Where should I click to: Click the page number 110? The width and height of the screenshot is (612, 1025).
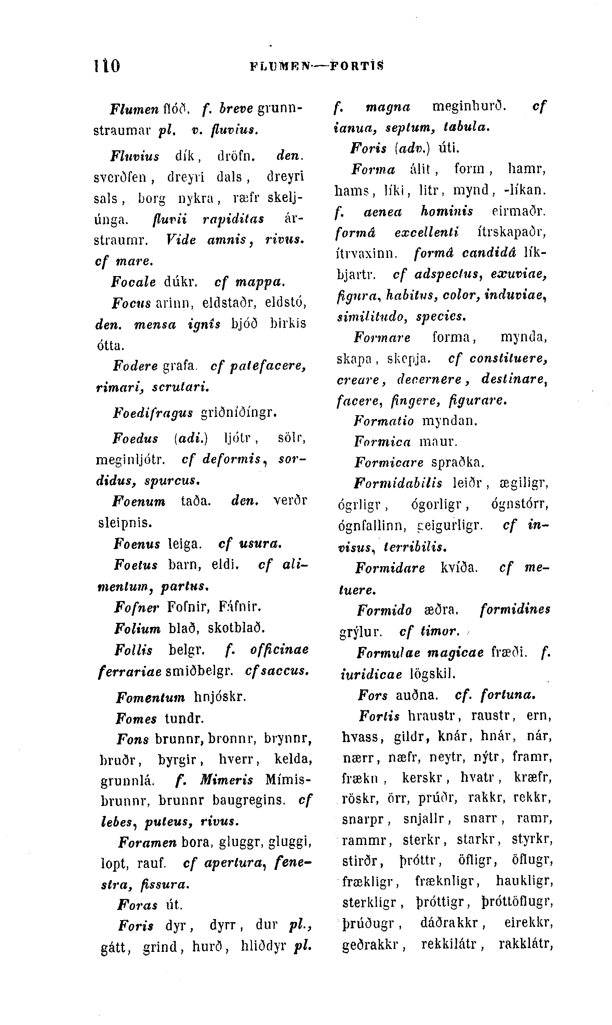click(107, 66)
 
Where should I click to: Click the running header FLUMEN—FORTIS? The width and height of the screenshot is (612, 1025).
click(317, 66)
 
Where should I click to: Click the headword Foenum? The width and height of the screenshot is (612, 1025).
click(139, 502)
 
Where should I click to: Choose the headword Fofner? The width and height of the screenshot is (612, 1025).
click(136, 607)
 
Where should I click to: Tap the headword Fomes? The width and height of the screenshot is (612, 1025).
click(136, 719)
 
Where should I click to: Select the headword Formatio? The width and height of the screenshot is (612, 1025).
click(384, 421)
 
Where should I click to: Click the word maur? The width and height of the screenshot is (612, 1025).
click(438, 442)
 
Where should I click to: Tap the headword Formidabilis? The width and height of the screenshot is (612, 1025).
click(398, 483)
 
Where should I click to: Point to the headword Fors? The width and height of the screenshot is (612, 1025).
click(372, 695)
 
